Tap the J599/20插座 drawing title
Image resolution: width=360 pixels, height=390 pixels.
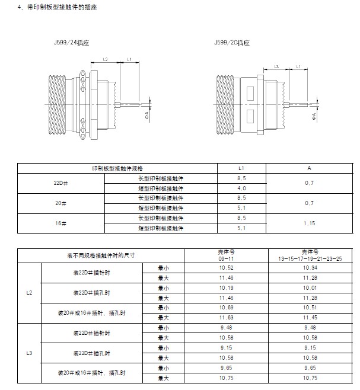pyautogui.click(x=232, y=43)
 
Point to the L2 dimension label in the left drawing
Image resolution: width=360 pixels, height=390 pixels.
pyautogui.click(x=105, y=59)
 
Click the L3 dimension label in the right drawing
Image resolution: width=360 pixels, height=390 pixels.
pyautogui.click(x=277, y=67)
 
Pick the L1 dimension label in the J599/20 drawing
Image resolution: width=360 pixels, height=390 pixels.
pyautogui.click(x=298, y=67)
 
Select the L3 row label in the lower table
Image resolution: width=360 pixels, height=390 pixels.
pyautogui.click(x=28, y=354)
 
